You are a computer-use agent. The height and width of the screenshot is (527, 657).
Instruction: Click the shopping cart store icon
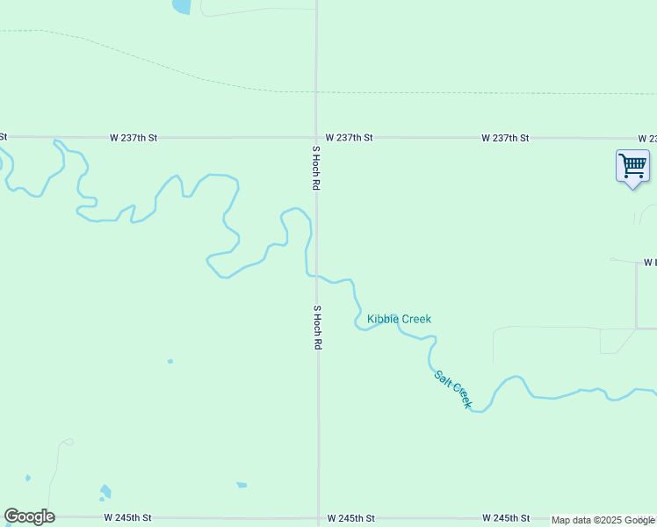[632, 165]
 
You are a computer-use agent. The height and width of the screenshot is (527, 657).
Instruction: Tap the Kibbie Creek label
[399, 319]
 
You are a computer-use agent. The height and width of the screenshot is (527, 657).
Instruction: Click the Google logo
[29, 516]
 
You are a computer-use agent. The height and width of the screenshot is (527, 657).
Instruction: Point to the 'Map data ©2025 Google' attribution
[603, 520]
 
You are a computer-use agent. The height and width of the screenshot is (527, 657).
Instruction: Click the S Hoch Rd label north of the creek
[315, 169]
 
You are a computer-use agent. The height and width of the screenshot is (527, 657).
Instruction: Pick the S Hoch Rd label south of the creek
[315, 328]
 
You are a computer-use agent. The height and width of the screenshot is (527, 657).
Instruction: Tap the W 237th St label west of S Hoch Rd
[134, 138]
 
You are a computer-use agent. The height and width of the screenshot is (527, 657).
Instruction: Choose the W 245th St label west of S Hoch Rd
[128, 518]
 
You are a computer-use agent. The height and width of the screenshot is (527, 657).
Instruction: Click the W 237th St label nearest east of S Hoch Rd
[349, 138]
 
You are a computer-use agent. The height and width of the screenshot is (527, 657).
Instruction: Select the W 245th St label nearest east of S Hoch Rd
[350, 518]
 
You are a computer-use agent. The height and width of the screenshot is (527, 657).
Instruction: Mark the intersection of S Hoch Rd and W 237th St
[317, 138]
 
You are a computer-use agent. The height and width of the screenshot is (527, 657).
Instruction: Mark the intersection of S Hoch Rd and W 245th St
[318, 518]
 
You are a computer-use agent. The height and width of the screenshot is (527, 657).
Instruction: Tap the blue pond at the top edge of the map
[181, 6]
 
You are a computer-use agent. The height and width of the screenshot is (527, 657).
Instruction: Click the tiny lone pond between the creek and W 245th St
[170, 361]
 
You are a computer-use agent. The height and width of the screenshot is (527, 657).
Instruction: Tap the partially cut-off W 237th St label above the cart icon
[648, 139]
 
